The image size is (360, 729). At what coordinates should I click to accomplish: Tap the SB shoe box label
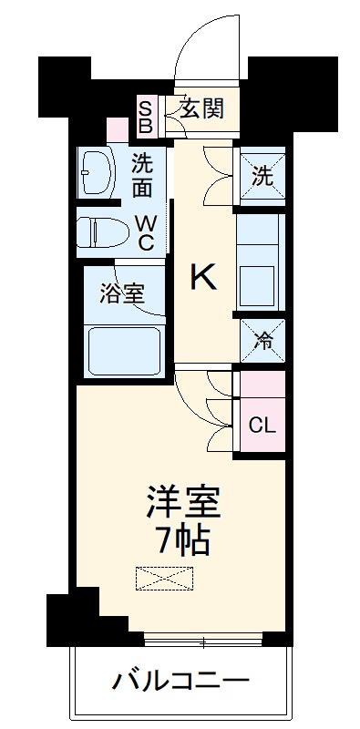pos(146,116)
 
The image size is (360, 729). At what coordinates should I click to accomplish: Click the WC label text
pos(146,232)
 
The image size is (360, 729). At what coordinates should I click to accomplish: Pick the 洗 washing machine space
pos(261,177)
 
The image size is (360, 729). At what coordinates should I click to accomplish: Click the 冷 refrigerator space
pos(262,341)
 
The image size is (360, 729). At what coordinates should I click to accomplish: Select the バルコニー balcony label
pos(181,682)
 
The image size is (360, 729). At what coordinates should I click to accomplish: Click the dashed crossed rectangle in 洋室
pos(164,578)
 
